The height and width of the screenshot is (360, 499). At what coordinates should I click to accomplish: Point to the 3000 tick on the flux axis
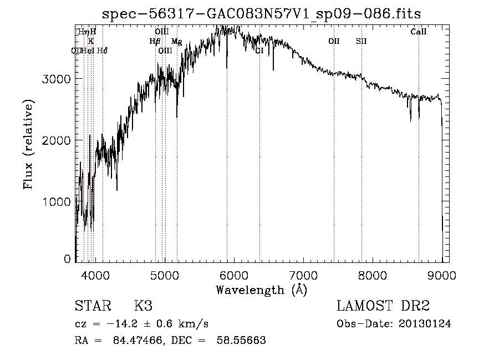coord(57,79)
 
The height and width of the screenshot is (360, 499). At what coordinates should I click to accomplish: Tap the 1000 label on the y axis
coord(57,201)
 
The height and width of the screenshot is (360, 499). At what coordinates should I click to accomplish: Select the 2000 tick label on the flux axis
coord(57,140)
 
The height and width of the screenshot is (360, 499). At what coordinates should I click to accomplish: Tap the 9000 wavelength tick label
coord(442,275)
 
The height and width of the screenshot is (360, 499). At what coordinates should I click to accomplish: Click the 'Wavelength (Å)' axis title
coord(261,290)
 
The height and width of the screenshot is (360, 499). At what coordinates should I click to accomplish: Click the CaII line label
coord(419,32)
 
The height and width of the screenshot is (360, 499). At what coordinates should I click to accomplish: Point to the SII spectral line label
coord(361,41)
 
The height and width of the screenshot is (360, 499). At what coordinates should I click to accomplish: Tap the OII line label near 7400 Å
coord(334,41)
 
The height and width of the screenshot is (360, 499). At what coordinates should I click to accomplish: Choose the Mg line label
coord(176,41)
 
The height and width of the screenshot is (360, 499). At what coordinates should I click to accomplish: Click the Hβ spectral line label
coord(155,41)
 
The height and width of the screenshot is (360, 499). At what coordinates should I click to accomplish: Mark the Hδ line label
coord(102,50)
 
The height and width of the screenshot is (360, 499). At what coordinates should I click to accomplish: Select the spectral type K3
coord(142,306)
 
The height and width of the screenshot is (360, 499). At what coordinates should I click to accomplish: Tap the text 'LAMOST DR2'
coord(383,306)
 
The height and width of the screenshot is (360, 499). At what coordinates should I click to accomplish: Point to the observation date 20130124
coord(425,324)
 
